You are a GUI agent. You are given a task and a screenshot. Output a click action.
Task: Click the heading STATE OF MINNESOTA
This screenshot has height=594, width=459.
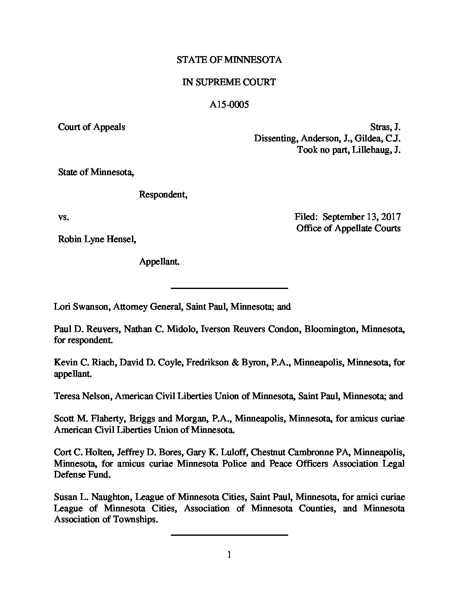click(229, 60)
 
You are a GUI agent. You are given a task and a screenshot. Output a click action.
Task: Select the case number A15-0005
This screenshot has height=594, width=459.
click(229, 105)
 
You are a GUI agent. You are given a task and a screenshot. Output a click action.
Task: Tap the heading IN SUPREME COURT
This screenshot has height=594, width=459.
click(229, 82)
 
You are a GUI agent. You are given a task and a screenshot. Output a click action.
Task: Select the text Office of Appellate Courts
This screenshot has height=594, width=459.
click(348, 228)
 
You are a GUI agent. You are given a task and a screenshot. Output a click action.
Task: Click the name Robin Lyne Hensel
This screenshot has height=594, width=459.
click(97, 239)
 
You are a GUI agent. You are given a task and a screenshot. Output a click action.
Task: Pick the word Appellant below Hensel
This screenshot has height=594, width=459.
click(159, 262)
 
